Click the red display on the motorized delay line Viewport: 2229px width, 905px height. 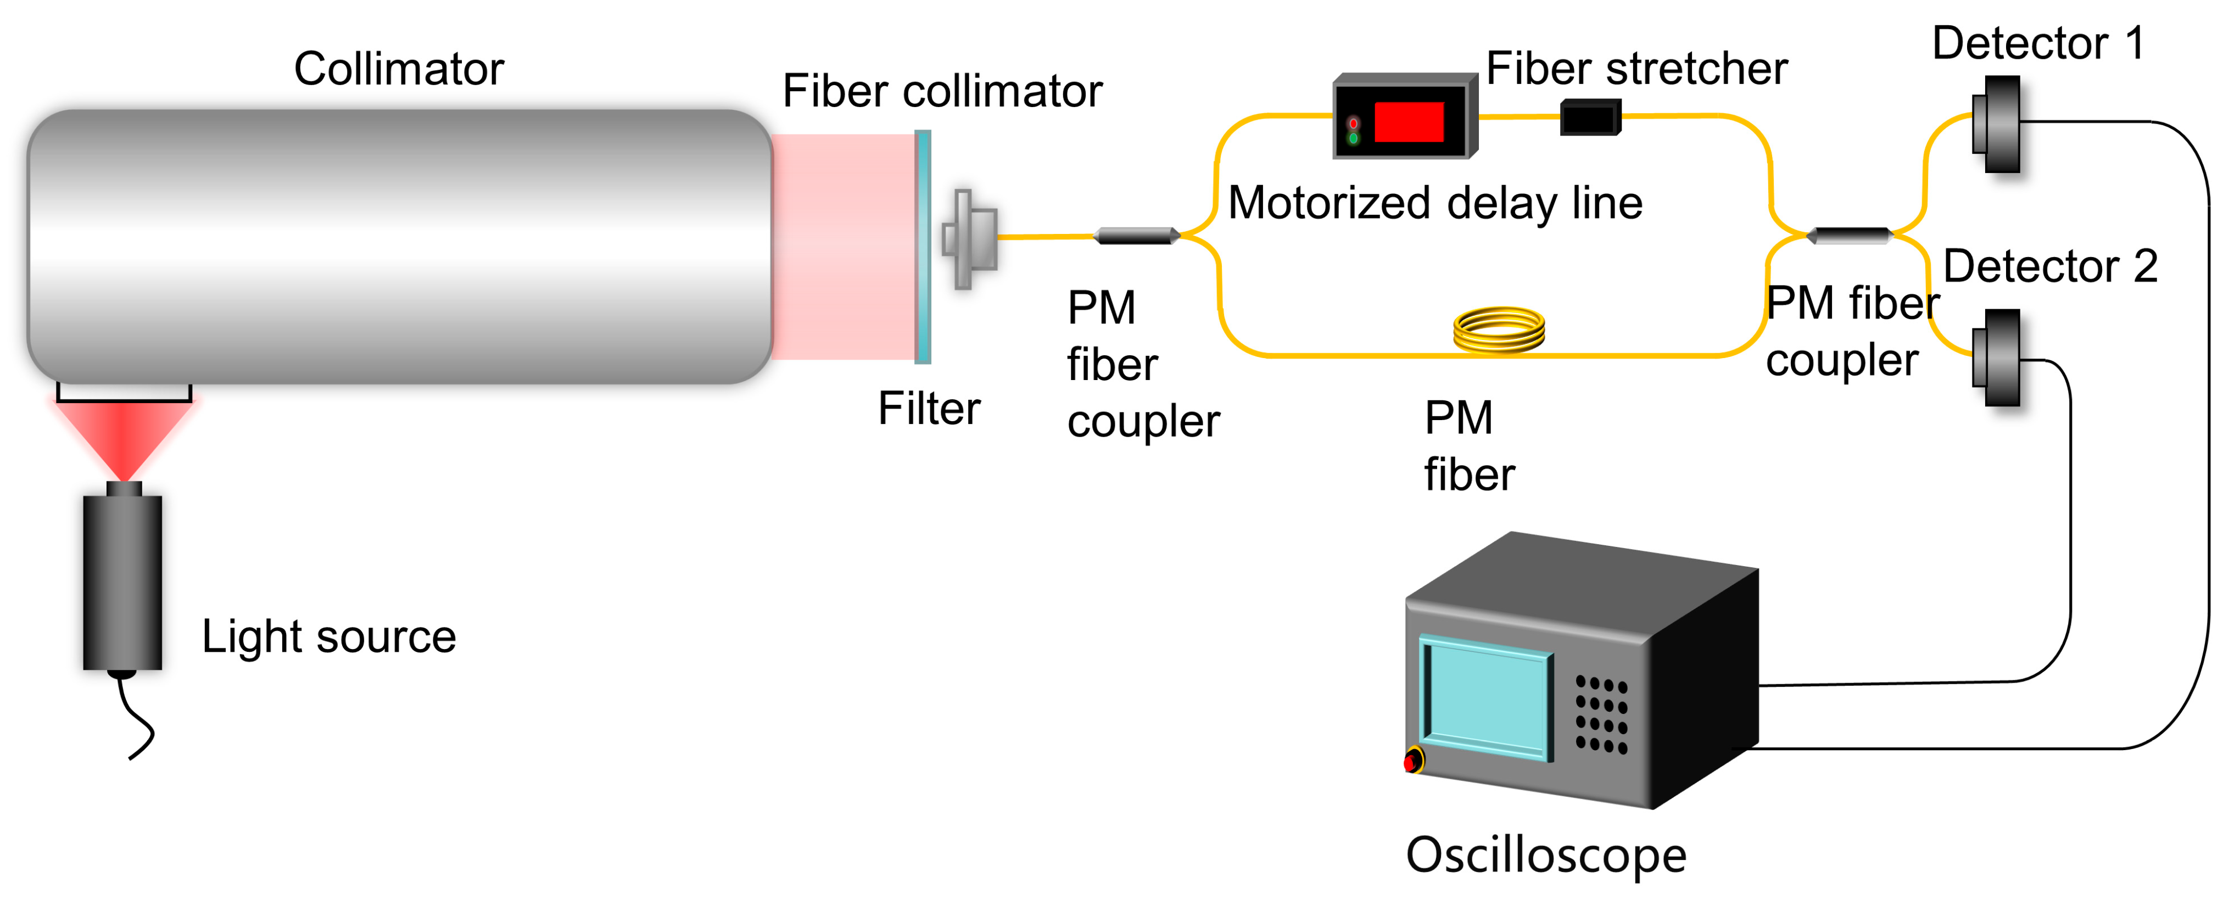click(1409, 122)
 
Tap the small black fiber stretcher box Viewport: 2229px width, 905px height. click(1590, 118)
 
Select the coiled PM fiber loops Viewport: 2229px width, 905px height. click(1499, 331)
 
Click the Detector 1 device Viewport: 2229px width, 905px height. click(1999, 124)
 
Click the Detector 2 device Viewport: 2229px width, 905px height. click(1999, 357)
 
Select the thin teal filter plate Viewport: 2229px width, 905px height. click(923, 247)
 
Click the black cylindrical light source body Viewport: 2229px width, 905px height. click(122, 582)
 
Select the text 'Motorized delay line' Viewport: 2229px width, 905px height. click(1435, 203)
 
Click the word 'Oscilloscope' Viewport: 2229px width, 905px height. click(1545, 856)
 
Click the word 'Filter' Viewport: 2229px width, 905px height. click(929, 409)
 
